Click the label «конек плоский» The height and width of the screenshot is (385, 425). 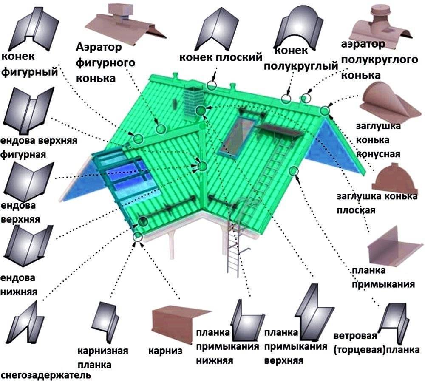click(221, 57)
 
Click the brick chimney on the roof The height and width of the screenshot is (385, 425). click(193, 102)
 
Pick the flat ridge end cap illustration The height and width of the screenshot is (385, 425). click(393, 178)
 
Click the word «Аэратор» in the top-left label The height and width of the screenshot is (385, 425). click(99, 47)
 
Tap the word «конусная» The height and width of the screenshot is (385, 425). click(378, 154)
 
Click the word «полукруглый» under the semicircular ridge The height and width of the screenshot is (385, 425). click(301, 66)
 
